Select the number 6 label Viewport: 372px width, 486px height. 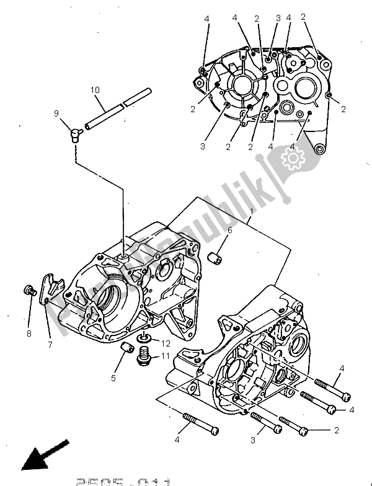pos(229,230)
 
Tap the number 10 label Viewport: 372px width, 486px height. pos(94,91)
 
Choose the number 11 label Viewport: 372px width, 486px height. pos(165,355)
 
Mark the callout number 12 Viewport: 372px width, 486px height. pos(165,343)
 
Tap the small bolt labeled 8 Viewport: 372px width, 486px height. pos(29,290)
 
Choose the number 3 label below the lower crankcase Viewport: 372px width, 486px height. pos(252,440)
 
